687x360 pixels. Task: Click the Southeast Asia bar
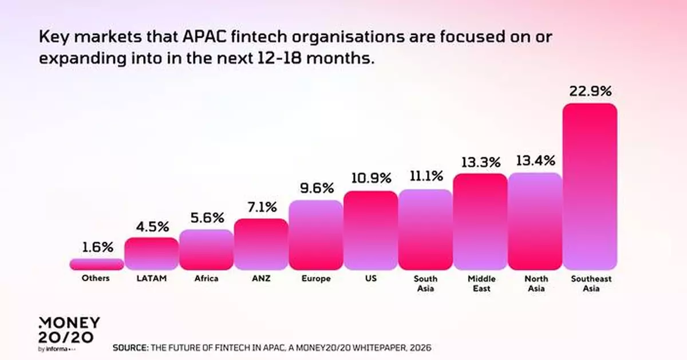point(590,186)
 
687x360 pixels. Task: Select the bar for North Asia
point(535,221)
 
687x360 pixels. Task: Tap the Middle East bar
point(480,221)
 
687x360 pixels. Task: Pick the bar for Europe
point(315,235)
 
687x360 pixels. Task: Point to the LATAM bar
point(151,254)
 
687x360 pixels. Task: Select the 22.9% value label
point(590,90)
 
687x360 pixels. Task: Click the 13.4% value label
point(535,160)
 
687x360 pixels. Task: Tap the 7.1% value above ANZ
point(260,206)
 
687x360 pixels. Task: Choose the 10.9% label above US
point(370,179)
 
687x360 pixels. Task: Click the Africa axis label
point(206,279)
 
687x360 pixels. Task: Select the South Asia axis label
point(425,283)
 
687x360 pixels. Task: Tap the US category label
point(370,279)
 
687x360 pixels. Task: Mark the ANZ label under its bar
point(260,279)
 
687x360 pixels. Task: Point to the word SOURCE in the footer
point(131,347)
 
